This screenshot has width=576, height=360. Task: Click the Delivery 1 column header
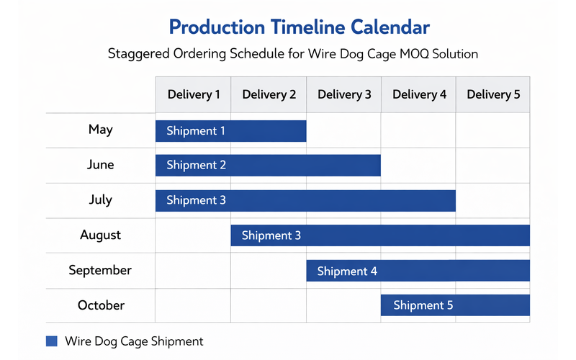click(194, 94)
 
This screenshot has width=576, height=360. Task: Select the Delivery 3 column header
click(344, 94)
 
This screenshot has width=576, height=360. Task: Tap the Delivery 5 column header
click(493, 94)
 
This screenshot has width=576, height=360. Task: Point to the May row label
click(101, 130)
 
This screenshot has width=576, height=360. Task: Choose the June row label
click(101, 165)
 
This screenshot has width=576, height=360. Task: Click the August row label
click(101, 235)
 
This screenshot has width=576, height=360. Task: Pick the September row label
click(101, 271)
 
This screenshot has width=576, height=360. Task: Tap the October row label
click(101, 305)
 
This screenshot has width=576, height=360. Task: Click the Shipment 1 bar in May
click(231, 131)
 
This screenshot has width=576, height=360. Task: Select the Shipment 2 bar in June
click(268, 166)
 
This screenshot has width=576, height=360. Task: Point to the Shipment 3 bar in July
click(305, 200)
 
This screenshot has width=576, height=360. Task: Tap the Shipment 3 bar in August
click(380, 235)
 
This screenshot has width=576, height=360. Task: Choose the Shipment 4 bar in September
click(418, 271)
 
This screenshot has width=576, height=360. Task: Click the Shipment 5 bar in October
click(455, 305)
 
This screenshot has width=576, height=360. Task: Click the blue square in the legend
click(51, 341)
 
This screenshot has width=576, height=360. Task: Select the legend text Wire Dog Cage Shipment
click(134, 341)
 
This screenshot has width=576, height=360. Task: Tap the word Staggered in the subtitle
click(140, 54)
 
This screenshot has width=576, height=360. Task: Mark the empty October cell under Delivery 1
click(193, 305)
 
